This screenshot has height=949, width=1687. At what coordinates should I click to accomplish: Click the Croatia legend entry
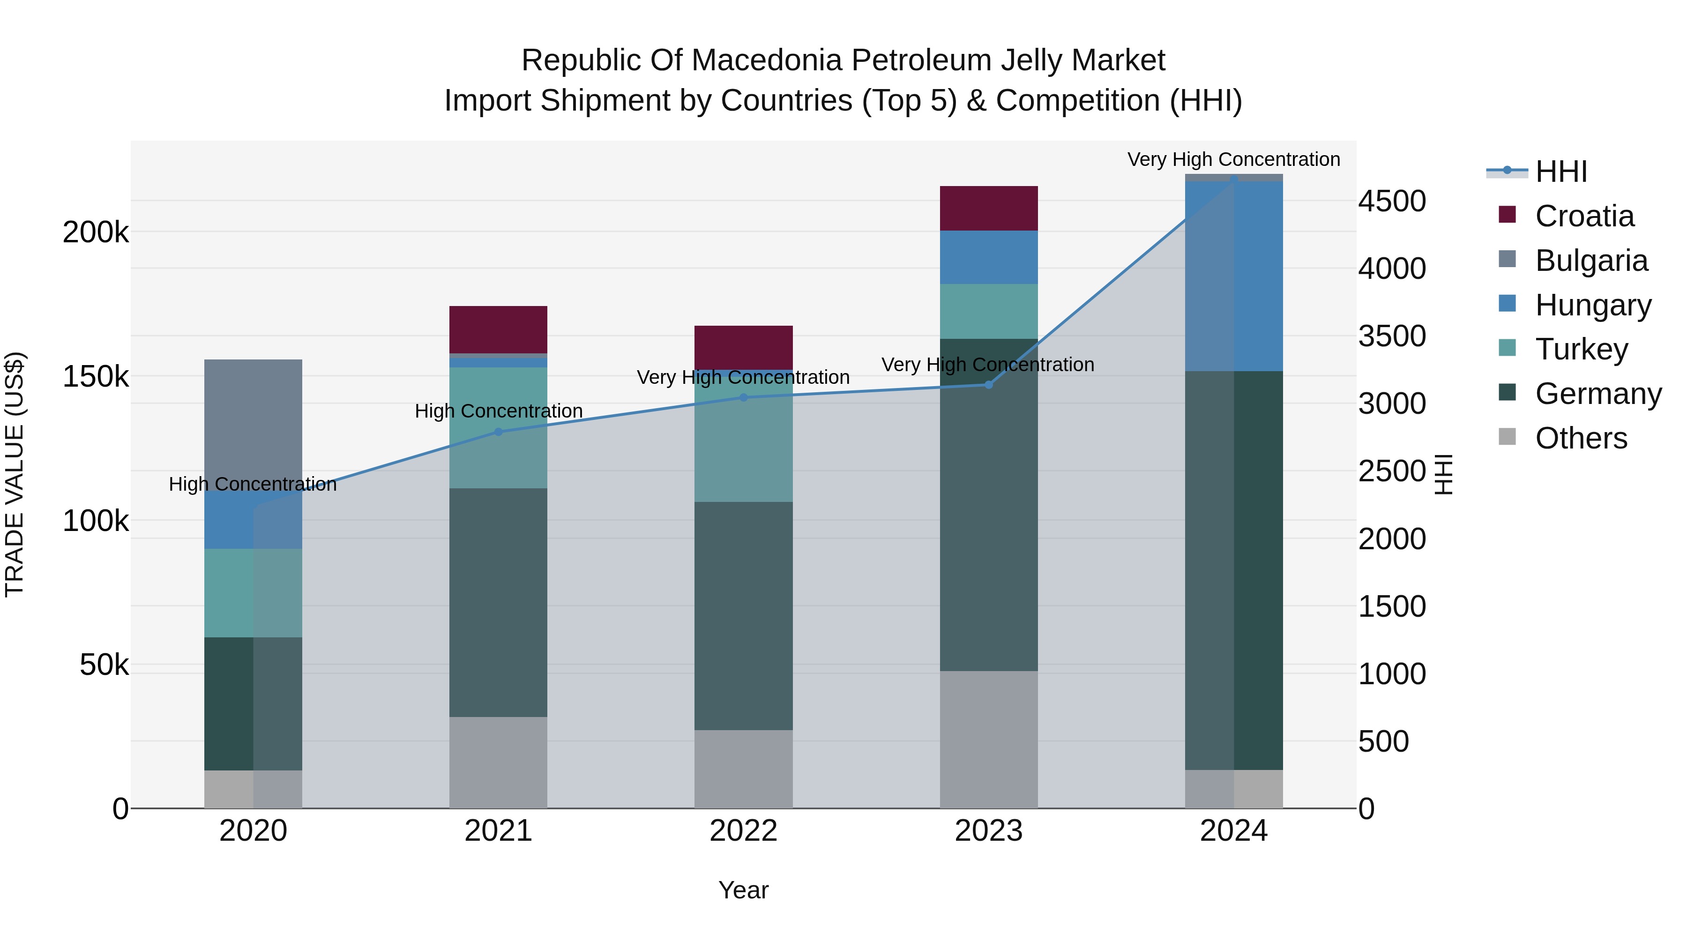click(x=1583, y=216)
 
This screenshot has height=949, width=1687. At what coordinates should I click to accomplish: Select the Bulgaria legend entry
click(x=1590, y=261)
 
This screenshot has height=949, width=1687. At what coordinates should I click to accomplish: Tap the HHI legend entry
click(x=1560, y=172)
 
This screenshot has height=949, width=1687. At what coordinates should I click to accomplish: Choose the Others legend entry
click(x=1580, y=438)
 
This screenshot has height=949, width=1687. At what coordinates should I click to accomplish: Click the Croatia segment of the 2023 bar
click(x=988, y=208)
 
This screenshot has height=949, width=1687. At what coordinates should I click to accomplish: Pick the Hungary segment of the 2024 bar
click(x=1234, y=276)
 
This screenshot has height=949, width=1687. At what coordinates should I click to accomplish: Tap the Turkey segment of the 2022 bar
click(x=743, y=439)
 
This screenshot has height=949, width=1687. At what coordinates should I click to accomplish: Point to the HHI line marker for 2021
click(x=498, y=432)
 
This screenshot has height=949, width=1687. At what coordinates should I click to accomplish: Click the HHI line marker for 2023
click(x=988, y=384)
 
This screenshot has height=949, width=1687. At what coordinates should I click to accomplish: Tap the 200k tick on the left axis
click(x=96, y=232)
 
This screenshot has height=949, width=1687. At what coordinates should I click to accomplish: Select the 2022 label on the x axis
click(x=743, y=831)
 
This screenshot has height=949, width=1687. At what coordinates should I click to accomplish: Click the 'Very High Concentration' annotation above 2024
click(x=1233, y=159)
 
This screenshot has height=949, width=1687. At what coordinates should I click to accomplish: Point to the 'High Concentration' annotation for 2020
click(x=253, y=484)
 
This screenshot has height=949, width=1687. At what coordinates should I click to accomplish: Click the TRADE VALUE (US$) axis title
click(x=15, y=474)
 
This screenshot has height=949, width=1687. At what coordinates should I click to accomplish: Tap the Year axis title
click(x=743, y=890)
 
